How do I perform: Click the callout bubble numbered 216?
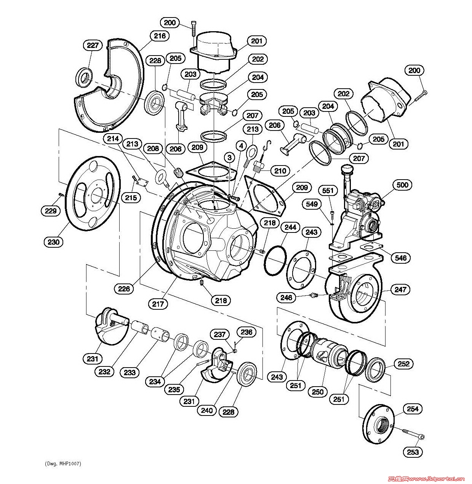point(160,36)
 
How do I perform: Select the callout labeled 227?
point(93,45)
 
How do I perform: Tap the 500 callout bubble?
point(402,185)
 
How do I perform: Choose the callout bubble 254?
point(413,409)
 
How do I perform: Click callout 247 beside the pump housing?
point(400,290)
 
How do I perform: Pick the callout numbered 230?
point(53,242)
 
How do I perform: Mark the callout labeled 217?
point(158,304)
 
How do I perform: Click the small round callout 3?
point(229,158)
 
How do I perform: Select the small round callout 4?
point(241,146)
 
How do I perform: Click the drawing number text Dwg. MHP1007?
point(63,464)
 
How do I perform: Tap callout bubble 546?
point(400,258)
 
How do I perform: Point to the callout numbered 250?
point(318,392)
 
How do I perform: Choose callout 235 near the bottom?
point(174,390)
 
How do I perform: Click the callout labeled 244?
point(291,227)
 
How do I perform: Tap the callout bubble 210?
point(280,171)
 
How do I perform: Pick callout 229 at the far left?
point(51,211)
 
